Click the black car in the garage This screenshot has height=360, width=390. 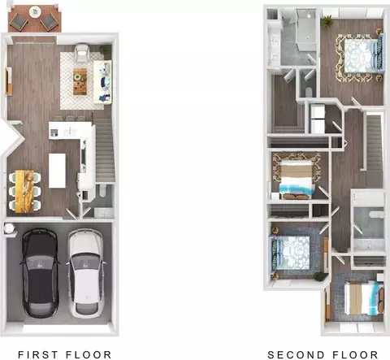tap(40, 273)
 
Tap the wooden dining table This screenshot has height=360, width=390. tap(24, 192)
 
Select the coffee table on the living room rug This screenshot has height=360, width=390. tap(80, 81)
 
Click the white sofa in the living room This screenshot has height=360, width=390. tap(102, 82)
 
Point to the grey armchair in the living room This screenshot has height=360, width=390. tap(82, 53)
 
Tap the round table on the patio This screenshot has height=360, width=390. tap(35, 12)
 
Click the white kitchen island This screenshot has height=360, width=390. tap(57, 171)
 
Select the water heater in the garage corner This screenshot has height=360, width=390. tap(9, 228)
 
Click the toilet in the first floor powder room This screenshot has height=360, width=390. tap(103, 190)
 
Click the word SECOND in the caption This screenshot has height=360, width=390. tap(296, 354)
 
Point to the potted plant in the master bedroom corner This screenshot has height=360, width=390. tap(327, 21)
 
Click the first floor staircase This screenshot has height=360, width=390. tap(105, 152)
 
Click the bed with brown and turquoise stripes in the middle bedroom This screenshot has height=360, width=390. tap(297, 180)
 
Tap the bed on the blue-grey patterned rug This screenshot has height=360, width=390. tap(291, 253)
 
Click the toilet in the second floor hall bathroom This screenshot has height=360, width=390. tap(377, 215)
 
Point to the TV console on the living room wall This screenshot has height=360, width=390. tap(8, 81)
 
